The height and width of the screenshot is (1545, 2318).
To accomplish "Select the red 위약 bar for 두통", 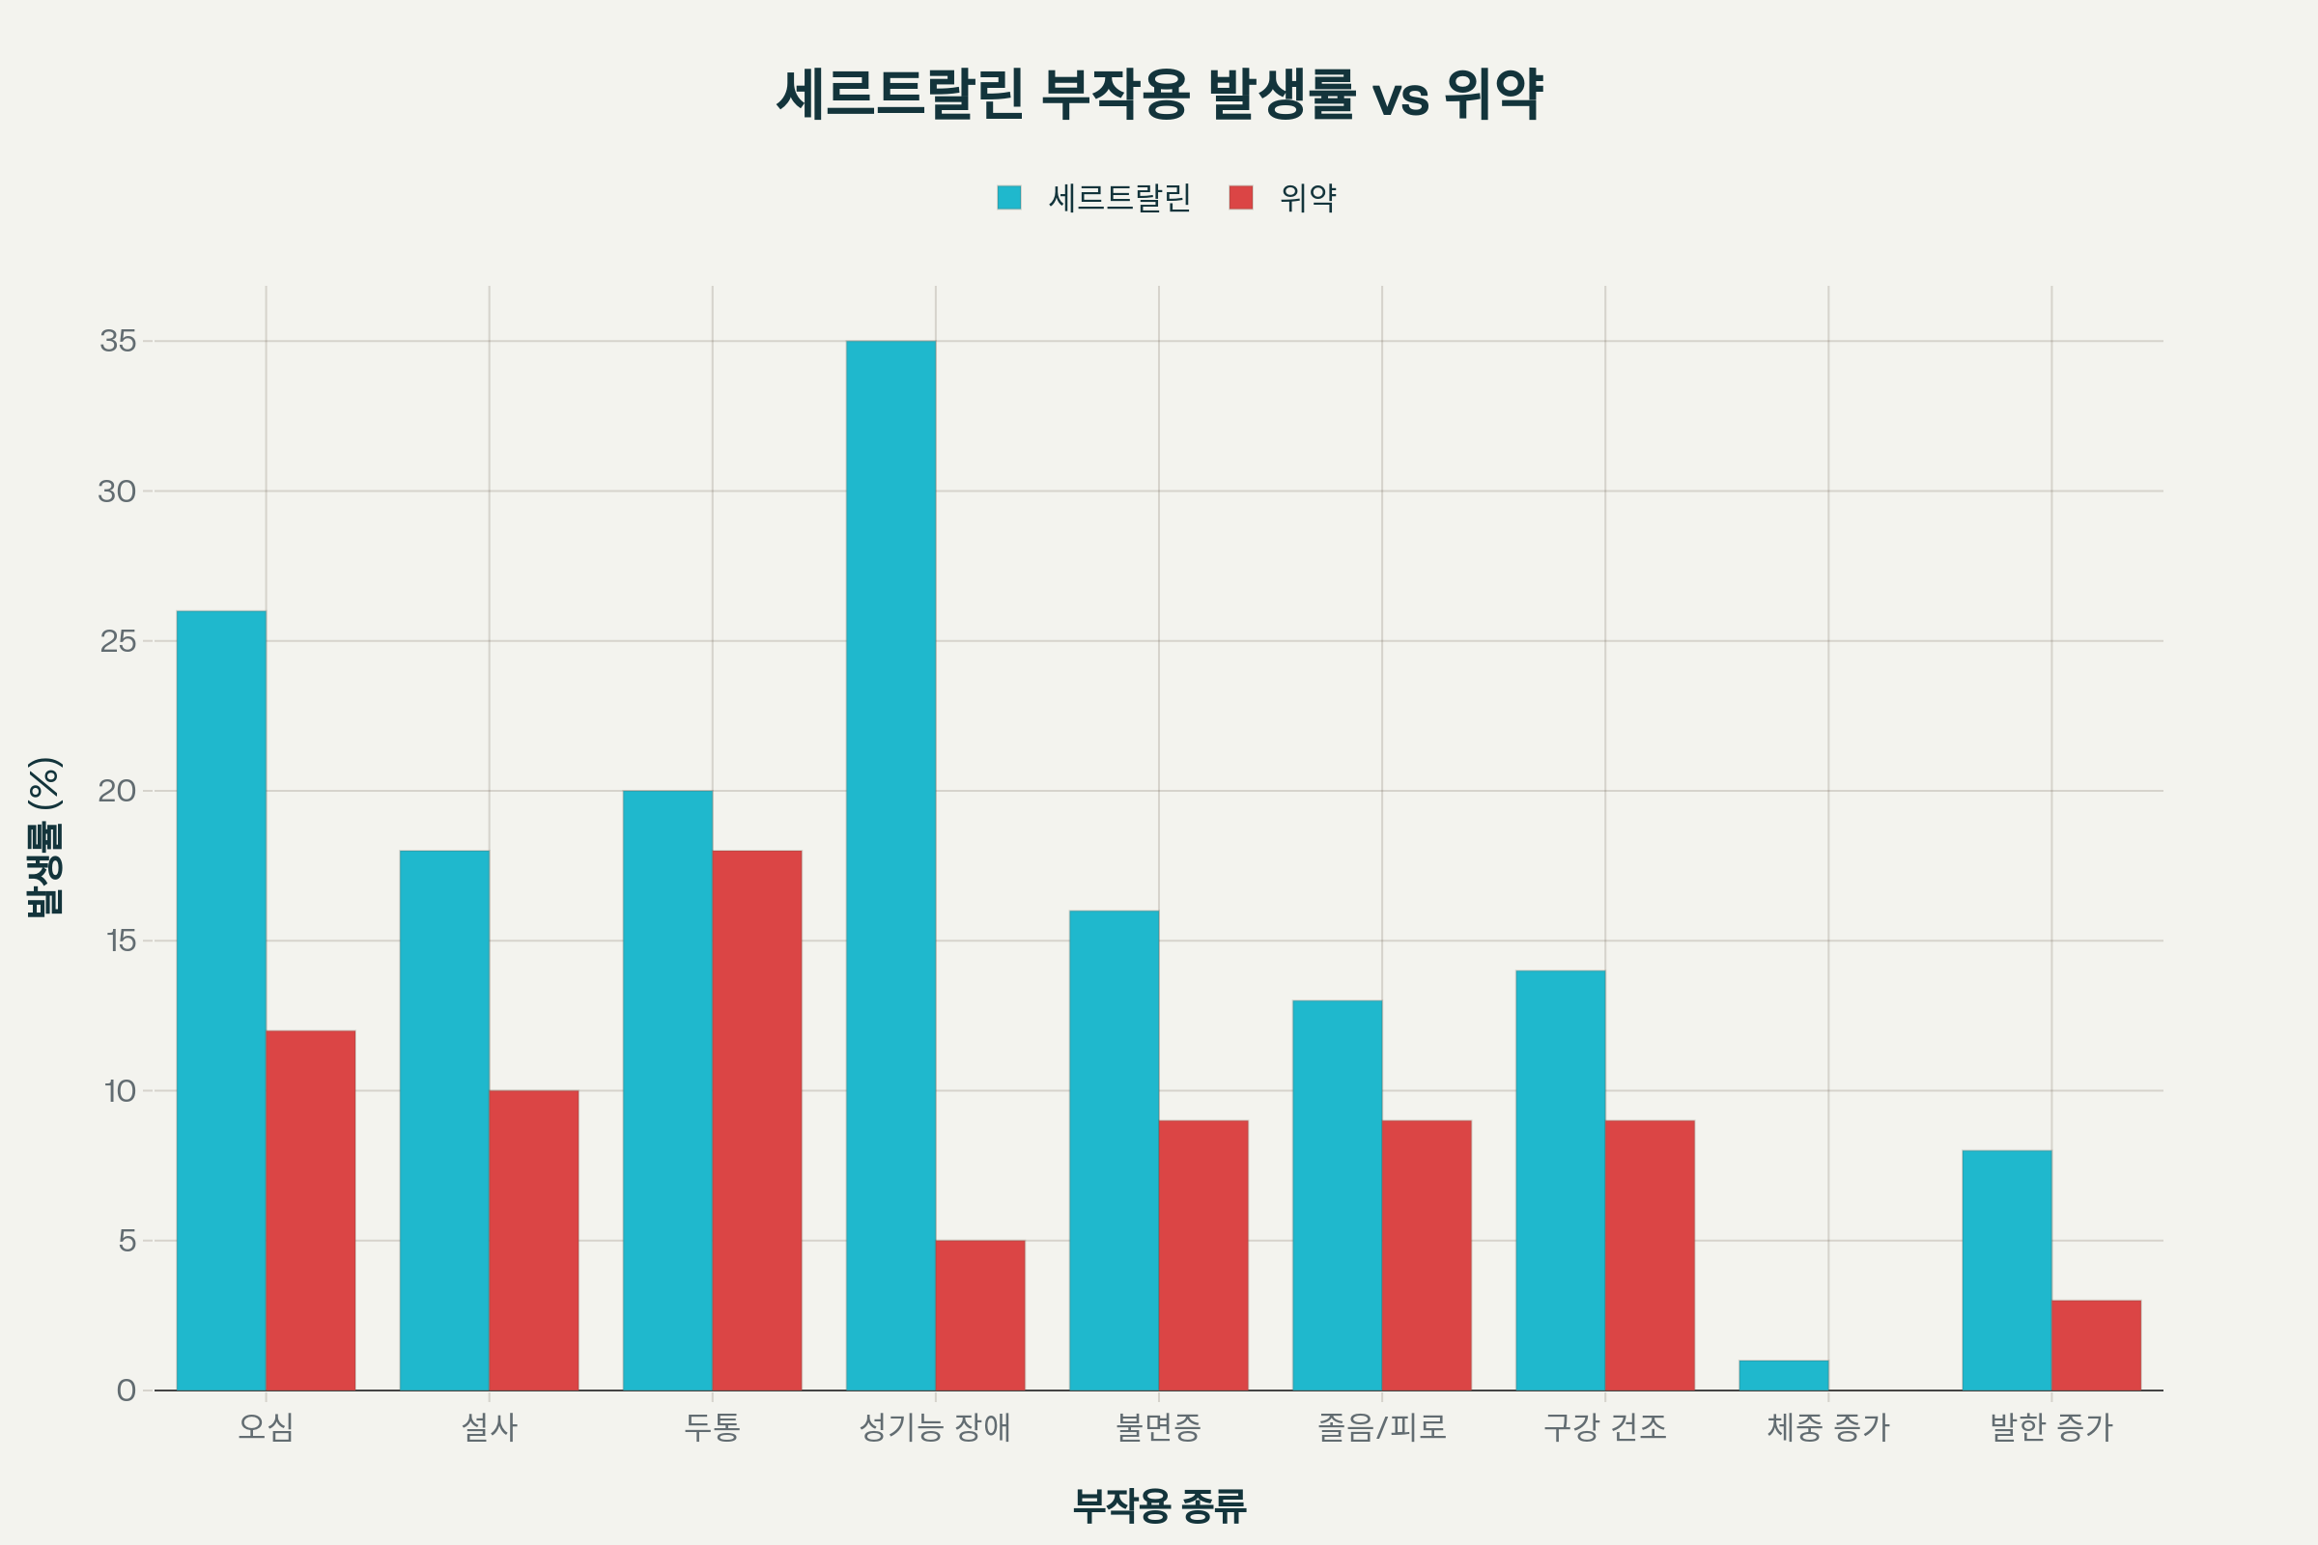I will (x=757, y=1120).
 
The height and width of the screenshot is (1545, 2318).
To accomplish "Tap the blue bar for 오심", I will (x=221, y=1000).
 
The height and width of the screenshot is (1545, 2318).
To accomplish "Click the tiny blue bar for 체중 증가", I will (x=1783, y=1375).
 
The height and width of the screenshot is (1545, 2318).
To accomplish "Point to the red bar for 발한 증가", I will (x=2096, y=1345).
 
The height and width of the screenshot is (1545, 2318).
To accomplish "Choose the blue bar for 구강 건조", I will (x=1560, y=1180).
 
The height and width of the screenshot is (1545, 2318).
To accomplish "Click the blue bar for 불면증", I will (x=1114, y=1150).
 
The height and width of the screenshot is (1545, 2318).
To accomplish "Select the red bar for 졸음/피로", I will (x=1427, y=1255).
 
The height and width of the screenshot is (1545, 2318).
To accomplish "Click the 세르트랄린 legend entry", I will (x=1119, y=198).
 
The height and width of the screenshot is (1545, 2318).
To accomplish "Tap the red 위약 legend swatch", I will (x=1241, y=197).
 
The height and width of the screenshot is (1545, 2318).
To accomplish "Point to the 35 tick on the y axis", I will (x=117, y=341).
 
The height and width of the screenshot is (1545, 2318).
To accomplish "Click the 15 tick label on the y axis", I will (x=120, y=941).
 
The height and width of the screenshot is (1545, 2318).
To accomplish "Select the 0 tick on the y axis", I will (x=127, y=1390).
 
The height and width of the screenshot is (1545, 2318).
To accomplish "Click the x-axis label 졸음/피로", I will (x=1382, y=1428).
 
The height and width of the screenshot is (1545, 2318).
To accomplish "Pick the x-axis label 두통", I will (x=712, y=1428).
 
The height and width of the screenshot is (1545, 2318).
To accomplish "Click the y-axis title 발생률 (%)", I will (x=44, y=836).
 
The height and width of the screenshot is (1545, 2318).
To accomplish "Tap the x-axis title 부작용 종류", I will (x=1159, y=1504).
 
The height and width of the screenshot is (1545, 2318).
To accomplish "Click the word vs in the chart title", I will (x=1399, y=96).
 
